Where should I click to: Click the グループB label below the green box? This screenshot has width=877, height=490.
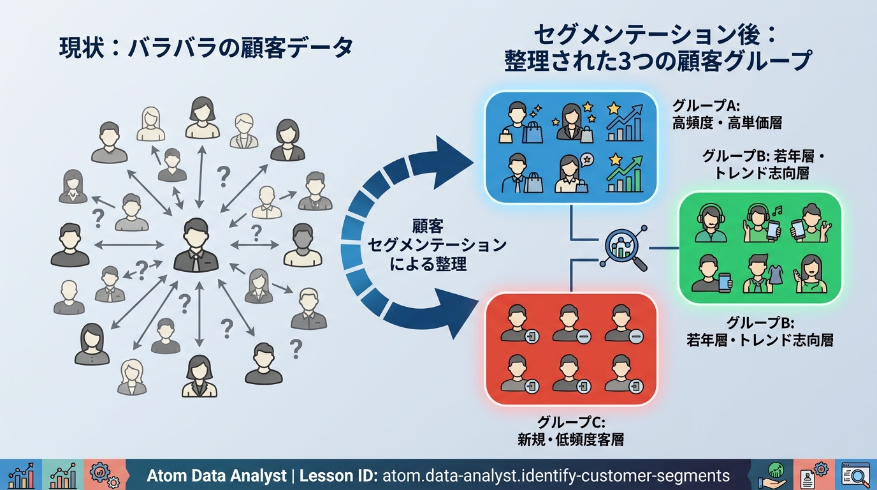pyautogui.click(x=760, y=331)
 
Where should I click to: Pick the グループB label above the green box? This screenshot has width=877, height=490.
pyautogui.click(x=758, y=165)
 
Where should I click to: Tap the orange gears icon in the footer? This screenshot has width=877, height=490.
pyautogui.click(x=104, y=475)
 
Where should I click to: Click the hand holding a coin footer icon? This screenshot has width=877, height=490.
pyautogui.click(x=774, y=475)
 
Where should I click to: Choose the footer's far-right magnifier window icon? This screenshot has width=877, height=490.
pyautogui.click(x=855, y=475)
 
